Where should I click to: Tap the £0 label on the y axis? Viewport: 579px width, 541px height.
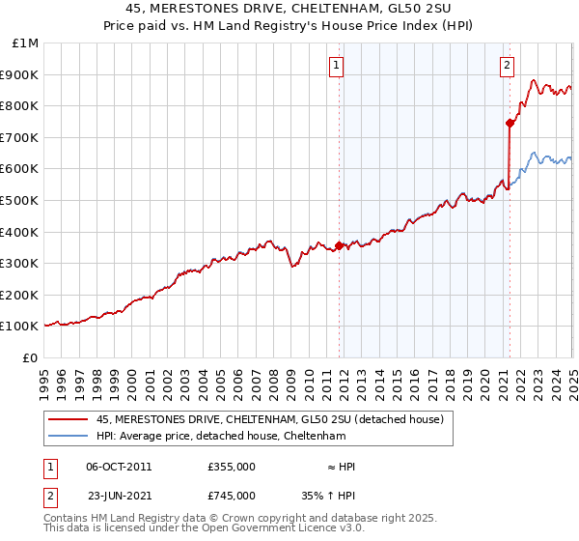[31, 357]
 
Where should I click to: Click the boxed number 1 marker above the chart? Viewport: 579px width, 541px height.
[337, 66]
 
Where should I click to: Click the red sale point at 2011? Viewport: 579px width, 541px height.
[339, 245]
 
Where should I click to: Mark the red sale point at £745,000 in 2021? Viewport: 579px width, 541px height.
[510, 123]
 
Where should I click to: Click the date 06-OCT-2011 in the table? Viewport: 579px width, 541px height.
[119, 467]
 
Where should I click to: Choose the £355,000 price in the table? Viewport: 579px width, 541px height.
[231, 467]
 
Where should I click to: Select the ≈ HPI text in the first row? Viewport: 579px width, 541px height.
[342, 467]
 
